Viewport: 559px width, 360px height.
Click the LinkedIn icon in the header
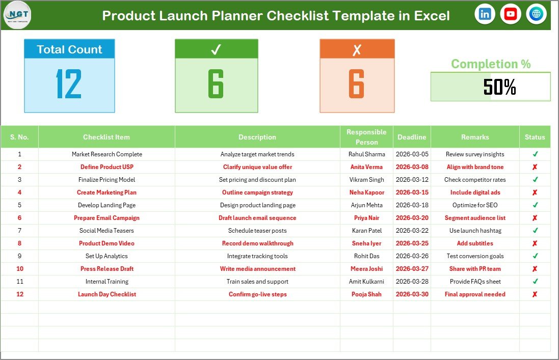[x=485, y=14]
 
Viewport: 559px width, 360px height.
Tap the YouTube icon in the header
[x=510, y=14]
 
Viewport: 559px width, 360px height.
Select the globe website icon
[x=536, y=14]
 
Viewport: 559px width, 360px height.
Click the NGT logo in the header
[x=17, y=15]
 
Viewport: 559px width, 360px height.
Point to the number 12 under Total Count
[x=69, y=84]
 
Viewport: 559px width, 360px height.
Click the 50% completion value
[x=499, y=87]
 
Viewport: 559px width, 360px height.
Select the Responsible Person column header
[x=366, y=137]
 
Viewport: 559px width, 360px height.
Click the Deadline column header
[x=412, y=137]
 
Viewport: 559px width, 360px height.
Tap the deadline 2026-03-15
[x=412, y=192]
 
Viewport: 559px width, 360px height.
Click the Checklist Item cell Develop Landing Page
[x=107, y=205]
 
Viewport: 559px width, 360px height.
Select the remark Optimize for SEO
[x=475, y=205]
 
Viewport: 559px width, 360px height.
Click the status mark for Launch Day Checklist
[x=535, y=294]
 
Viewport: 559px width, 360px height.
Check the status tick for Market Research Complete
[x=535, y=154]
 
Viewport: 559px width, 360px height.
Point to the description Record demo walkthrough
[x=257, y=243]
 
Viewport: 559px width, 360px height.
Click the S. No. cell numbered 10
[x=19, y=269]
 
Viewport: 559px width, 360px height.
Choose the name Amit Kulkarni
[x=366, y=282]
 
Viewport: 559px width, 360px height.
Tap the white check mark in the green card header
[x=216, y=49]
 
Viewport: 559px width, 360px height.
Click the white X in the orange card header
[x=357, y=49]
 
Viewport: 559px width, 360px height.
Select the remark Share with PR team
[x=475, y=269]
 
